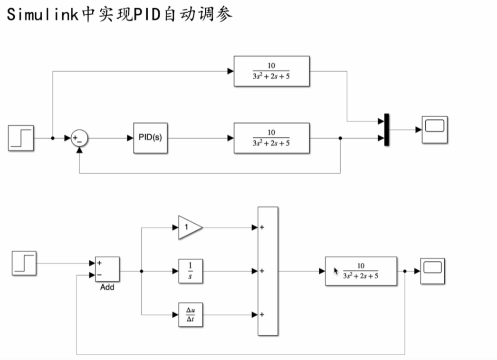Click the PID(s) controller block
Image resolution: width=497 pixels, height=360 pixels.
click(150, 138)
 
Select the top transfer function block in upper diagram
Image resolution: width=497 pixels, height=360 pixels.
click(271, 71)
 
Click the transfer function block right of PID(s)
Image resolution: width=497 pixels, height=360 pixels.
click(271, 138)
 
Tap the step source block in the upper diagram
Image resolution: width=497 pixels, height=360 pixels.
click(21, 138)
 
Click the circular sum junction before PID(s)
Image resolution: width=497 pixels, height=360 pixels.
click(79, 138)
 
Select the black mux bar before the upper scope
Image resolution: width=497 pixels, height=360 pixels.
click(387, 130)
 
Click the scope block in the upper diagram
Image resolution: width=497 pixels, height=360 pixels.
click(435, 129)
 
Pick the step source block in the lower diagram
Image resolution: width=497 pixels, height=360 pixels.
click(24, 264)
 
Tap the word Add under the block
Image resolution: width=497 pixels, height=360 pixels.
click(107, 287)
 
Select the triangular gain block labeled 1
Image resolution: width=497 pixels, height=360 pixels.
click(189, 227)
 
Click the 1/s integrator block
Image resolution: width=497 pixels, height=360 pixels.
click(191, 271)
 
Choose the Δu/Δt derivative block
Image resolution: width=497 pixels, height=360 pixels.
click(191, 314)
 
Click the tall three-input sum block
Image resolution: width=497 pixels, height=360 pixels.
click(268, 271)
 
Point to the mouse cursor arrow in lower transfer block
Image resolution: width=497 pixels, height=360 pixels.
click(336, 271)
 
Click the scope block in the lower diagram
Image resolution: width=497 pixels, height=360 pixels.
click(432, 271)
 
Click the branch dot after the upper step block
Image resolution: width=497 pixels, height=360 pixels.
click(53, 138)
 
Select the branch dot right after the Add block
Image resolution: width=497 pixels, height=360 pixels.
click(142, 271)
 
